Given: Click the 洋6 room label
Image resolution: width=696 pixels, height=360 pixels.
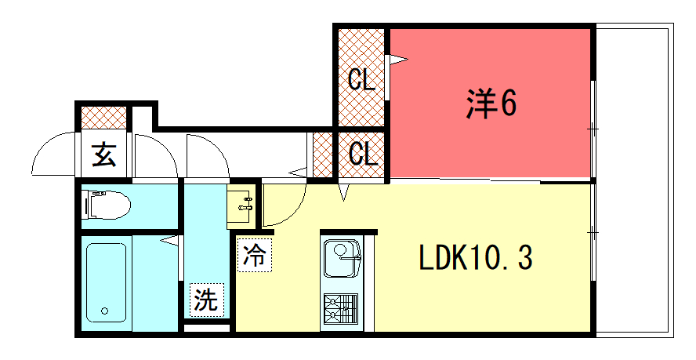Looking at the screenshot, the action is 491,104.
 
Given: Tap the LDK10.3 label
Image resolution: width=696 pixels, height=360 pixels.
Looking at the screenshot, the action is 476,258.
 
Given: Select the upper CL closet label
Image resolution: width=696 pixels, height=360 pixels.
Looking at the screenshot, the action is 361,79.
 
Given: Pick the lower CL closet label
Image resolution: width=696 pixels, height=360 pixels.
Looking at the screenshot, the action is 362,154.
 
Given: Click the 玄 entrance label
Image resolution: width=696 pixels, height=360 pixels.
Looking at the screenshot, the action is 104,155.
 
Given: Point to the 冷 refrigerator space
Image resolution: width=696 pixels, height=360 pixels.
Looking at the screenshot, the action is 255,255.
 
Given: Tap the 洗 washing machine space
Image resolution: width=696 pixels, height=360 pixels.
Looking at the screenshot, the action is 207,300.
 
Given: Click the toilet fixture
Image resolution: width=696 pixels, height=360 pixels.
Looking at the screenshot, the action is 107,205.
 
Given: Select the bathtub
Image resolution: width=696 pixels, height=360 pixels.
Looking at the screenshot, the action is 106,282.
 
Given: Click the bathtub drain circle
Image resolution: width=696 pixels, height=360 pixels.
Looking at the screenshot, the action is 105,311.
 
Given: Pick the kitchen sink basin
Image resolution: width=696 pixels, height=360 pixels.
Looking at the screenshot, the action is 342,258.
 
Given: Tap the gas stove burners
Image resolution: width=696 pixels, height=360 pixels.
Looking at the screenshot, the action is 341,309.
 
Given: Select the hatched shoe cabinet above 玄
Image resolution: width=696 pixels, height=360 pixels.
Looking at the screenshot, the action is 104,118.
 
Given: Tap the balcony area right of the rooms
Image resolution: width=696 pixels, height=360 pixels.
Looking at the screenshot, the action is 634,180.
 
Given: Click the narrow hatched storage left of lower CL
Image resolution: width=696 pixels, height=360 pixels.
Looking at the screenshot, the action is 323,155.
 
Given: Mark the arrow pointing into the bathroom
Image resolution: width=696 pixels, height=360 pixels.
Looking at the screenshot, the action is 169,241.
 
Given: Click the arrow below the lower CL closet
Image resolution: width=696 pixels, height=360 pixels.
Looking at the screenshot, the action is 344,192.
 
